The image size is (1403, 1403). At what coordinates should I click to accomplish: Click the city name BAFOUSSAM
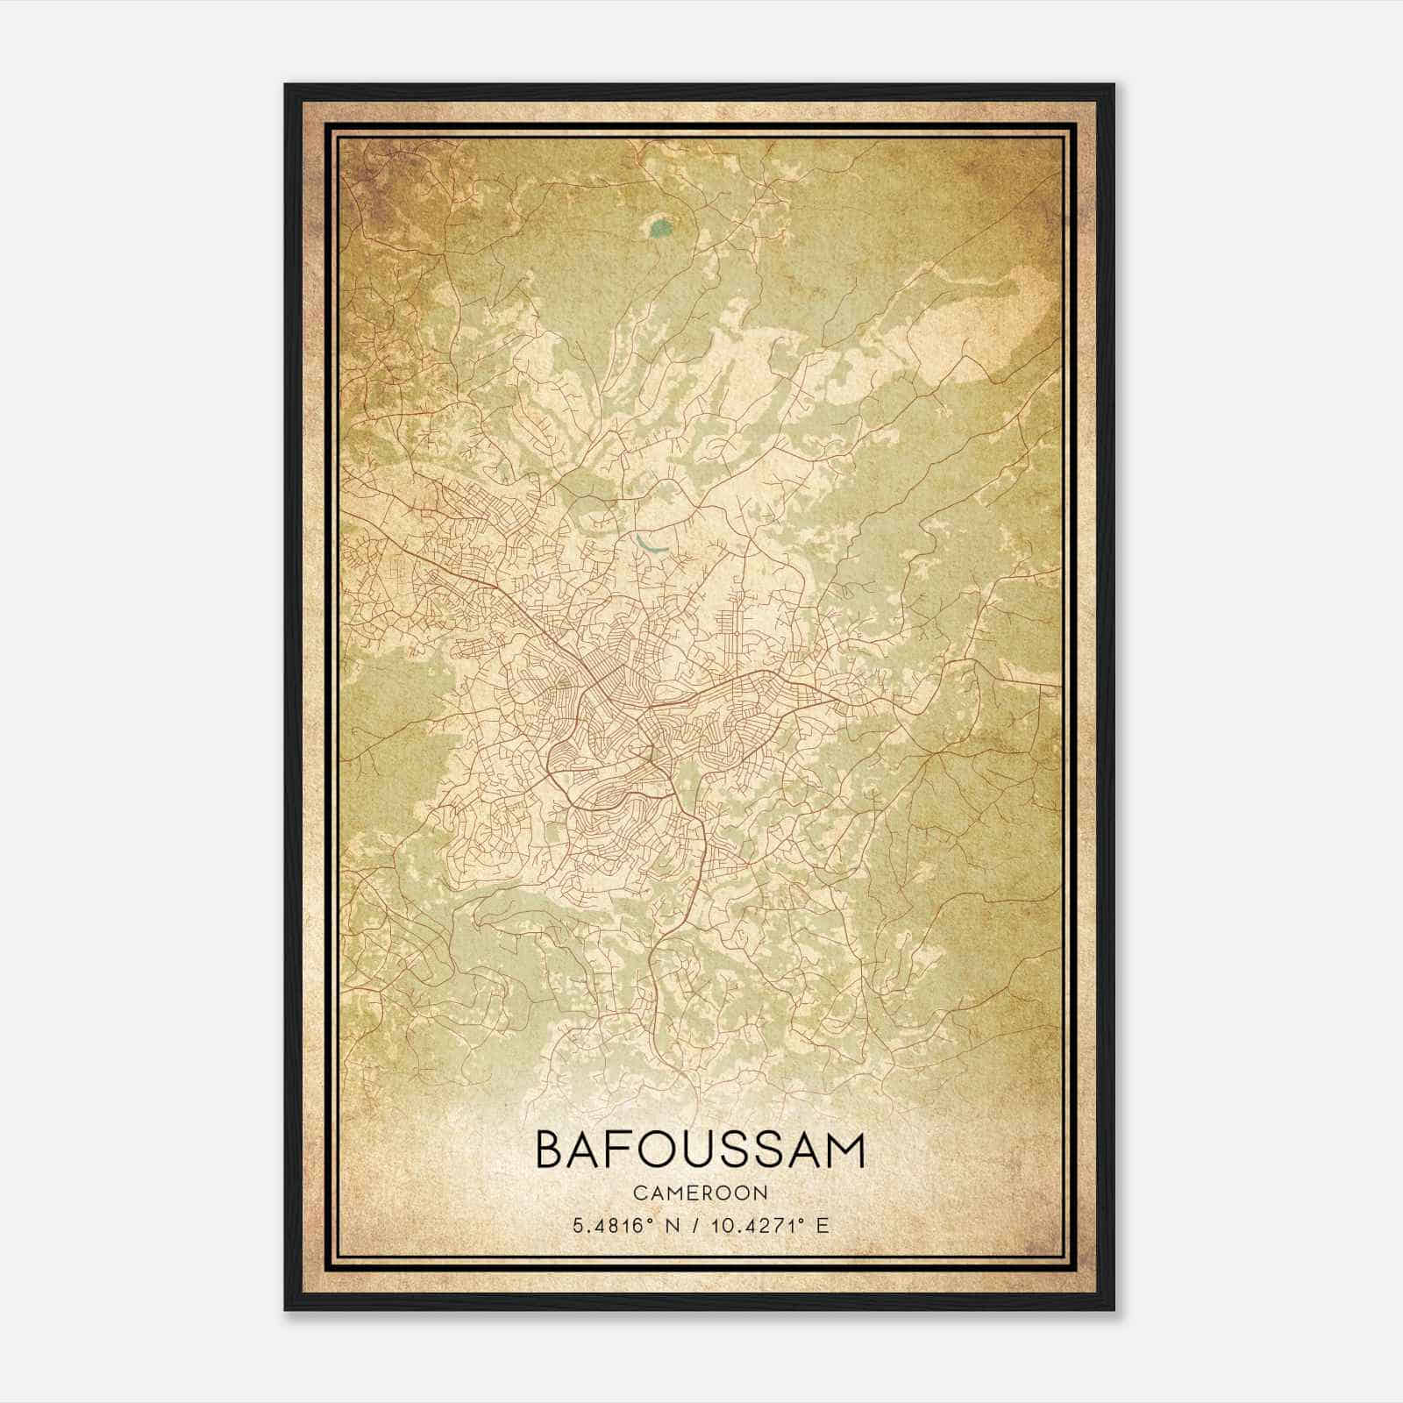(x=700, y=1150)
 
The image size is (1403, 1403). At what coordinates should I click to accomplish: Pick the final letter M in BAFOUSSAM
(x=845, y=1150)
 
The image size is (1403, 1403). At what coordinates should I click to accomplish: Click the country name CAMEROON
(x=700, y=1193)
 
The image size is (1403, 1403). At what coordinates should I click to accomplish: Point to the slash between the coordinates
(x=696, y=1226)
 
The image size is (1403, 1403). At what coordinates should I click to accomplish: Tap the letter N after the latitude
(x=673, y=1226)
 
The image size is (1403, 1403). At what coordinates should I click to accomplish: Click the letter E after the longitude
(x=822, y=1226)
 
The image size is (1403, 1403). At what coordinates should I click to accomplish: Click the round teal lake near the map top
(x=660, y=230)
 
